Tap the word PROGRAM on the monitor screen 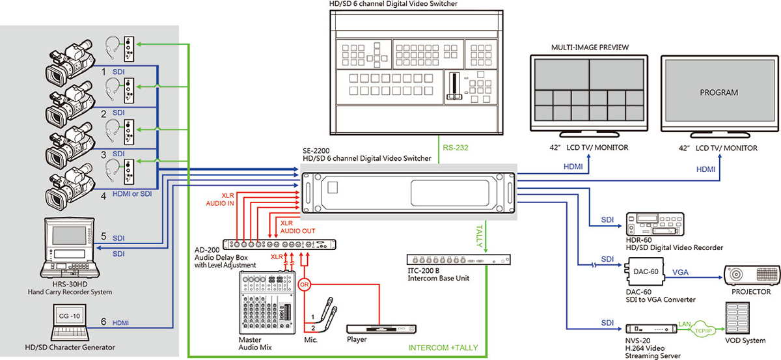tap(719, 92)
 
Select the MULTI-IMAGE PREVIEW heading tap(590, 48)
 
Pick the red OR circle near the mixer tap(304, 284)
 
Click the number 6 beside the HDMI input tap(103, 322)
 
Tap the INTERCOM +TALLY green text tap(443, 348)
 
